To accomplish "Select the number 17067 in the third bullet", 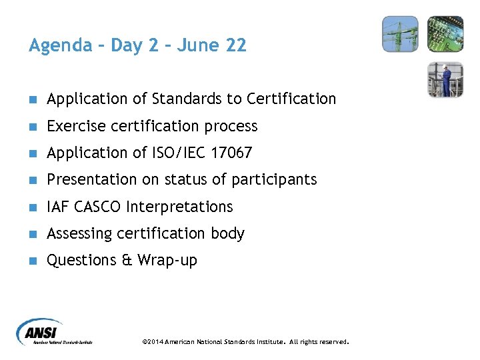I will pyautogui.click(x=231, y=153).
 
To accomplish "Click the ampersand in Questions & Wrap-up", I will pyautogui.click(x=127, y=260).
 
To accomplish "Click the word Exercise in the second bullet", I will pyautogui.click(x=75, y=126).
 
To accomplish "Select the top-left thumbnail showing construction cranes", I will pyautogui.click(x=400, y=34).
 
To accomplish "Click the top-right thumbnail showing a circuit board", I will pyautogui.click(x=445, y=34).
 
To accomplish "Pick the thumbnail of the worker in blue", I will pyautogui.click(x=445, y=79).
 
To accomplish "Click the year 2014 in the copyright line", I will pyautogui.click(x=155, y=342).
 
